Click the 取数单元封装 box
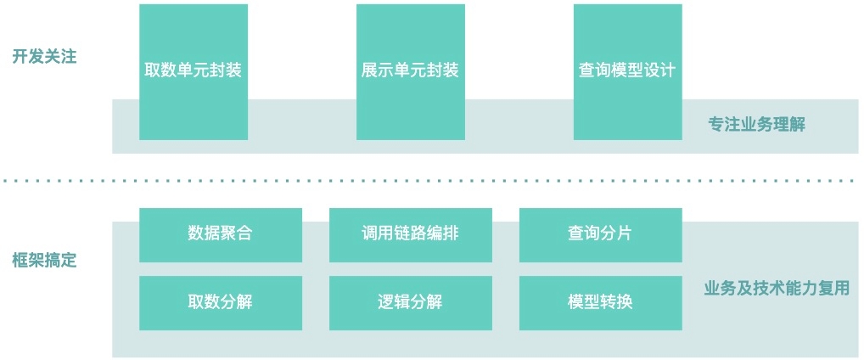tap(194, 71)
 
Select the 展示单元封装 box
tap(410, 71)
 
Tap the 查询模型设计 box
tap(627, 71)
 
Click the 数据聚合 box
tap(220, 233)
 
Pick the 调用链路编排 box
tap(410, 233)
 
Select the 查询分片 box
tap(600, 233)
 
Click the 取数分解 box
tap(220, 302)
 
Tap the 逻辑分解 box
tap(410, 302)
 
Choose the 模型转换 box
tap(600, 302)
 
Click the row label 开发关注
tap(44, 57)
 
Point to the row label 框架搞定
tap(44, 261)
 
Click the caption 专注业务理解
tap(756, 125)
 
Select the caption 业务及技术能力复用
tap(777, 289)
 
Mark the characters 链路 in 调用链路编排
tap(410, 233)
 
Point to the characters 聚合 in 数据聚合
tap(236, 233)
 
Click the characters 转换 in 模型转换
tap(616, 302)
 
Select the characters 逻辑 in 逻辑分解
tap(394, 302)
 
